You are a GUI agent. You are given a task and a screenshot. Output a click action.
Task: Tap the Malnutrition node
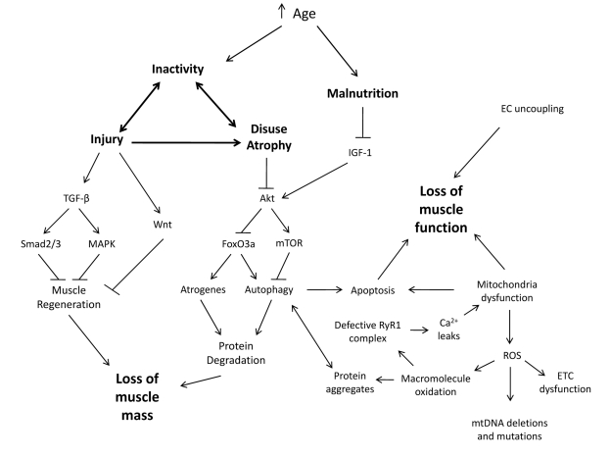pyautogui.click(x=362, y=93)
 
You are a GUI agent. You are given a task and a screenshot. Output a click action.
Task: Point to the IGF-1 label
pyautogui.click(x=362, y=153)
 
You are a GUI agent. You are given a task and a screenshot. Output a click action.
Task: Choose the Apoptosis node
pyautogui.click(x=372, y=290)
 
